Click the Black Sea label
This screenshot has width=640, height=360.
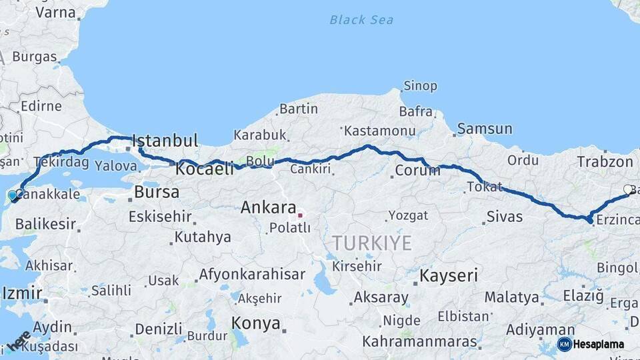click(361, 20)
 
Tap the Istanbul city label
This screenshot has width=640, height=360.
click(165, 141)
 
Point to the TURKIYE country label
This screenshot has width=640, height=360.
click(373, 243)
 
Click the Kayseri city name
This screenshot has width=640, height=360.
click(449, 275)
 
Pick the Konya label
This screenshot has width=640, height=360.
click(255, 324)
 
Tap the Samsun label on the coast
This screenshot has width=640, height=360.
click(485, 129)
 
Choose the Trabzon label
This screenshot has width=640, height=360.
click(605, 161)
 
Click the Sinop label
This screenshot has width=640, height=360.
click(421, 86)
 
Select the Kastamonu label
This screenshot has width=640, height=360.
click(379, 131)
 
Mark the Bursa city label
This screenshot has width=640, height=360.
click(157, 193)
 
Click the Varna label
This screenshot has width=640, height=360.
click(55, 12)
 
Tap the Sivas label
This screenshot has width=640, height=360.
click(505, 217)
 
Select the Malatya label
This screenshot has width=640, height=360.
click(511, 297)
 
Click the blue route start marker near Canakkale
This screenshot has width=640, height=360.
click(12, 195)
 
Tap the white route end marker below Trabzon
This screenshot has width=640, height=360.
click(627, 190)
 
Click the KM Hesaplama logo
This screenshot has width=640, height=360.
click(591, 344)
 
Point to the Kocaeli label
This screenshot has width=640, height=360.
click(205, 169)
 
